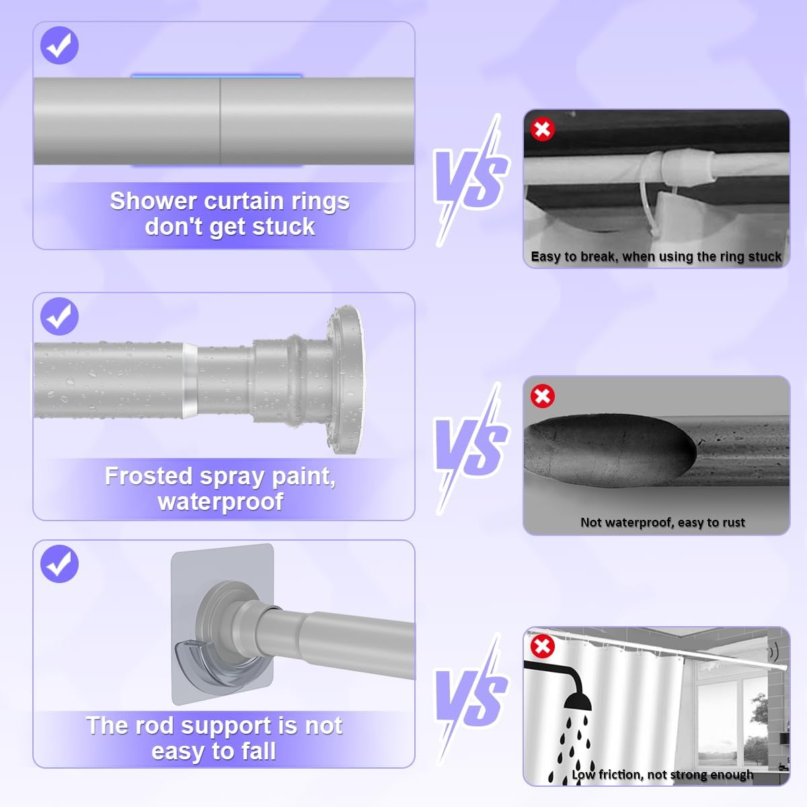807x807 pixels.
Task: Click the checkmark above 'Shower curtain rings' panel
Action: tap(59, 45)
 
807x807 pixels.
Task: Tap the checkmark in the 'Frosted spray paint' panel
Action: tap(59, 316)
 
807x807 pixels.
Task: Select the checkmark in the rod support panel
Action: tap(59, 564)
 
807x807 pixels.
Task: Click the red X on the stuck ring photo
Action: tap(542, 129)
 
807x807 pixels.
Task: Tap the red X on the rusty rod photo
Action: tap(542, 395)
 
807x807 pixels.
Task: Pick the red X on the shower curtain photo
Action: tap(542, 646)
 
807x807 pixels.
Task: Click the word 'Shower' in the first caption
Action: tap(154, 201)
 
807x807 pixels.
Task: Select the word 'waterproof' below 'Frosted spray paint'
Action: tap(221, 502)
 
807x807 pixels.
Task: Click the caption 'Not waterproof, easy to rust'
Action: tap(662, 523)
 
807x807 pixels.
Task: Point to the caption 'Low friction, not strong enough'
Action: tap(662, 775)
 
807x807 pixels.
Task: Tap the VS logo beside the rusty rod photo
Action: tap(471, 448)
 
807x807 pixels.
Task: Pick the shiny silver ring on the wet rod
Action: tap(190, 380)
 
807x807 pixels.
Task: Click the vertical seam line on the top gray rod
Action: tap(221, 121)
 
